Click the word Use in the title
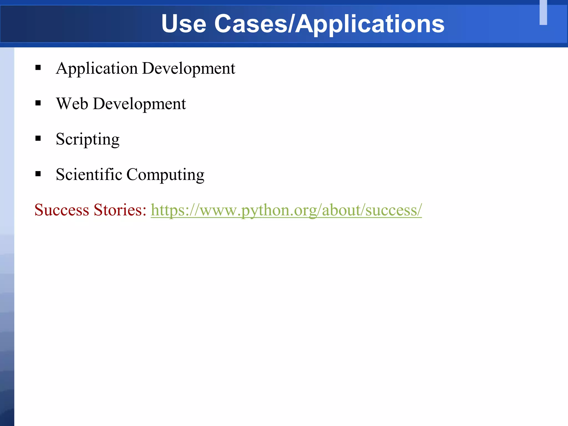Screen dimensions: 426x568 pos(184,24)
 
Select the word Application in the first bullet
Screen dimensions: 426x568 pos(97,69)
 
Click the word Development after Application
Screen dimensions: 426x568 pos(189,69)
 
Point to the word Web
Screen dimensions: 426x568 pos(72,104)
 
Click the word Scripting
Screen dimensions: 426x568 pos(88,139)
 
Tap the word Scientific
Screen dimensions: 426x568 pos(89,174)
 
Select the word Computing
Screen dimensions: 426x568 pos(165,175)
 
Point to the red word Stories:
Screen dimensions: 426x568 pos(120,210)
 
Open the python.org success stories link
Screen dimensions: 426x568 pos(286,210)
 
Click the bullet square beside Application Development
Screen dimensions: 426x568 pos(38,68)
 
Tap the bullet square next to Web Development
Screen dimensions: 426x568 pos(38,103)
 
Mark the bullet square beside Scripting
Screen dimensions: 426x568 pos(38,138)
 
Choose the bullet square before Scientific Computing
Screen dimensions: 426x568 pos(38,174)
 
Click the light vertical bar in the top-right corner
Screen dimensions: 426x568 pos(543,12)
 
